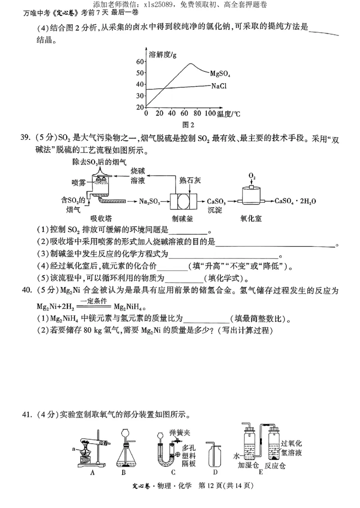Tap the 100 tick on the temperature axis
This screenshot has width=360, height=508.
coord(210,114)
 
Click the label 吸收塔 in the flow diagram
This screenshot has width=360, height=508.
coord(101,219)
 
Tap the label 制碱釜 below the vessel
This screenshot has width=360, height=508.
coord(182,219)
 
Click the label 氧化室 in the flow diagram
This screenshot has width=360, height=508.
coord(251,219)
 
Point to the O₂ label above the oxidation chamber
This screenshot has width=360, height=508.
coord(252,176)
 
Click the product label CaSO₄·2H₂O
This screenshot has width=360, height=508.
coord(295,201)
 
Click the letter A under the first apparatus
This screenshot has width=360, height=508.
coord(92,472)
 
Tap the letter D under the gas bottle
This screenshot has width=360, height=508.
coord(215,472)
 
